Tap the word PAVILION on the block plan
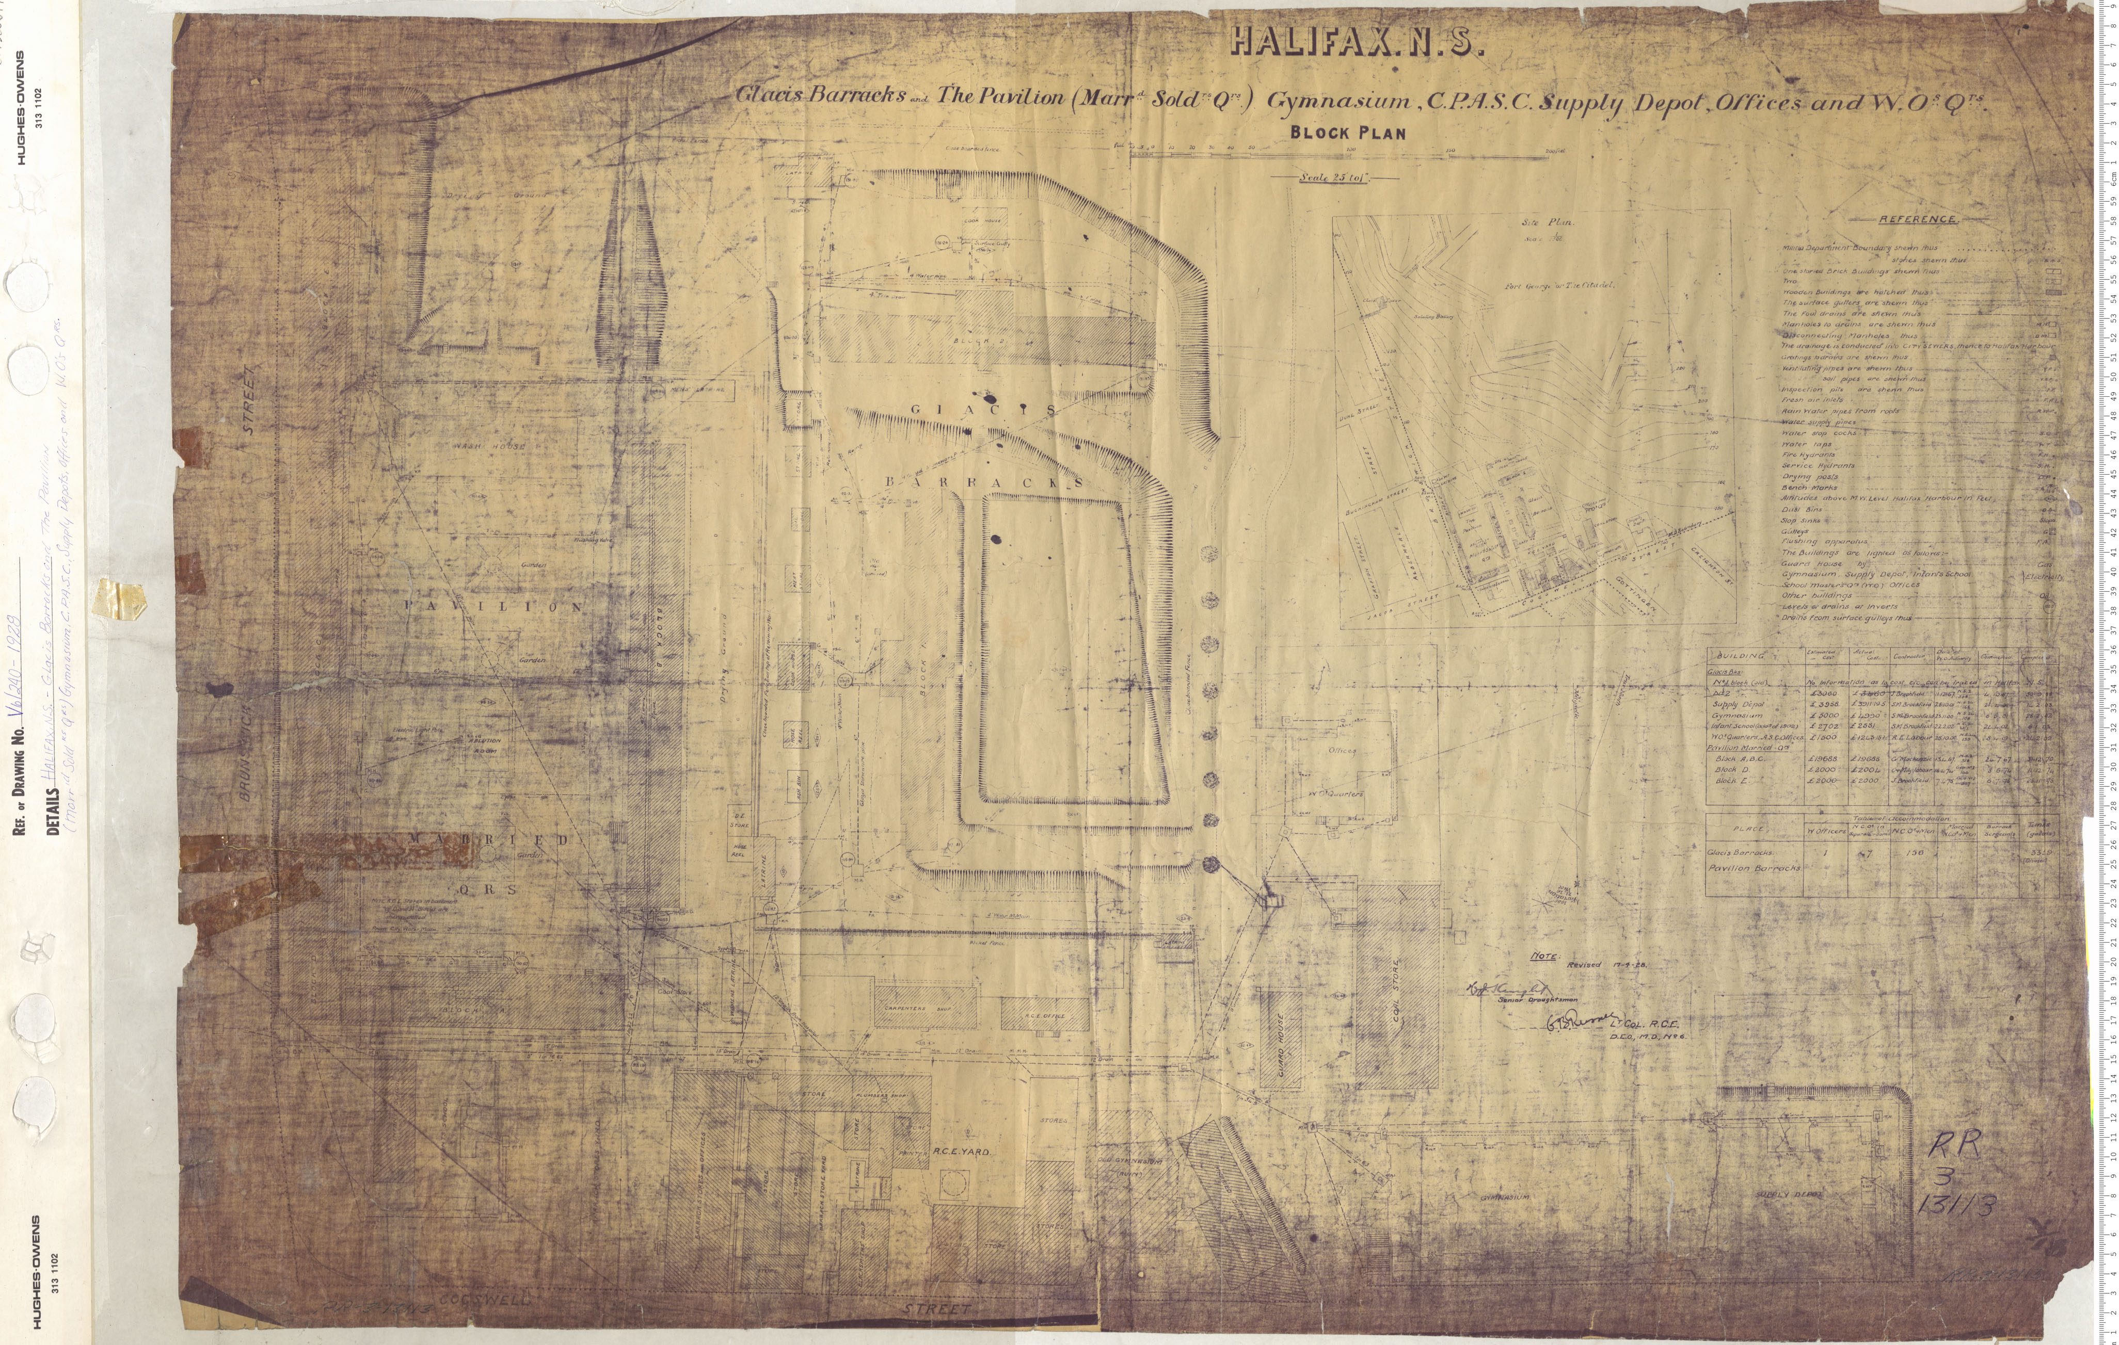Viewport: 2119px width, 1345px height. (x=506, y=607)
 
